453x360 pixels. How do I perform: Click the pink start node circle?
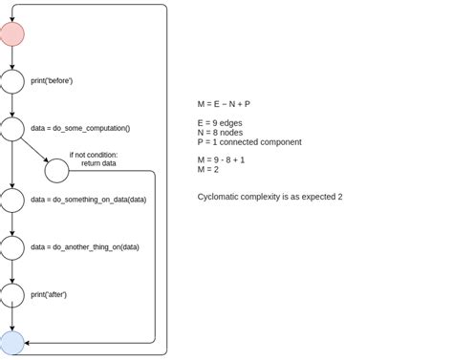click(x=11, y=35)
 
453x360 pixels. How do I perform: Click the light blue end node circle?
click(x=11, y=343)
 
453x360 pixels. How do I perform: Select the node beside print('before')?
click(x=11, y=81)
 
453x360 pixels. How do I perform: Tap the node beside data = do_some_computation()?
click(x=11, y=128)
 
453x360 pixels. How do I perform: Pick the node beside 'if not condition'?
click(x=56, y=171)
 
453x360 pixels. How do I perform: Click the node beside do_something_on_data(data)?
click(x=11, y=200)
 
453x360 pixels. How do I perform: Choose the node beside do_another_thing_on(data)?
click(x=11, y=247)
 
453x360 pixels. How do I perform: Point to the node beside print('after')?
click(x=11, y=294)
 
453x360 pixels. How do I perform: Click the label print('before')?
click(x=52, y=81)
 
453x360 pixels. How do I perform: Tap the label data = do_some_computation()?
click(x=80, y=128)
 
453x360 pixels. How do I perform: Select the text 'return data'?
click(x=98, y=163)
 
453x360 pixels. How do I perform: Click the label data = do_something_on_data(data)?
click(x=89, y=200)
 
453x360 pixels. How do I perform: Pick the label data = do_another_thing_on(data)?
click(x=85, y=247)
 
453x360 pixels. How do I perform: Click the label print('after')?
click(x=49, y=294)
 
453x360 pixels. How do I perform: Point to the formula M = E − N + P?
click(x=224, y=103)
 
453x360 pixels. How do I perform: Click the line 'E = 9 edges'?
click(x=220, y=123)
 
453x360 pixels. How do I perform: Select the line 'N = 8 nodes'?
click(x=221, y=133)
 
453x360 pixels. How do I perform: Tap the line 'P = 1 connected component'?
click(x=248, y=142)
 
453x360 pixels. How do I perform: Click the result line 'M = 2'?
click(x=207, y=169)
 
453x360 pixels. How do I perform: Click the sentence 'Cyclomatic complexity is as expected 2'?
click(x=270, y=197)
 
